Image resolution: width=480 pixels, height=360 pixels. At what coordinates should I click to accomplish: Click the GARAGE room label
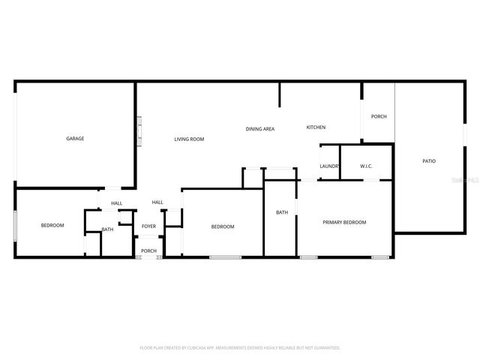pyautogui.click(x=75, y=139)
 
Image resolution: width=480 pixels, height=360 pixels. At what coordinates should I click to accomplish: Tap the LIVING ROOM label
pyautogui.click(x=189, y=139)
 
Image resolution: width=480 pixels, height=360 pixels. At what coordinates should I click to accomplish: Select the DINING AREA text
pyautogui.click(x=260, y=129)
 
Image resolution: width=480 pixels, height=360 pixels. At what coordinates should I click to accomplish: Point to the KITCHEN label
pyautogui.click(x=316, y=127)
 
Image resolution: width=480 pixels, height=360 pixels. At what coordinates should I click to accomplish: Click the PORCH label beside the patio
pyautogui.click(x=379, y=116)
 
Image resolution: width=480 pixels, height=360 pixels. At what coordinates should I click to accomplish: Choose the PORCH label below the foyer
pyautogui.click(x=149, y=250)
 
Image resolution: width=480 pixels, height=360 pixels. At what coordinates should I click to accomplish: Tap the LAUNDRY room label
pyautogui.click(x=330, y=166)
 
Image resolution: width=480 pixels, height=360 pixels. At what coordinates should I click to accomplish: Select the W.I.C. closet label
pyautogui.click(x=366, y=166)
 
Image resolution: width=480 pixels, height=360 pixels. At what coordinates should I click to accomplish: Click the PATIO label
pyautogui.click(x=429, y=161)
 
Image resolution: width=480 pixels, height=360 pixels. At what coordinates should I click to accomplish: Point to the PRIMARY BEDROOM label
pyautogui.click(x=344, y=222)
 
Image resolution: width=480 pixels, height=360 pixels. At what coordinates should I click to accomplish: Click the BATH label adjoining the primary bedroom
pyautogui.click(x=282, y=212)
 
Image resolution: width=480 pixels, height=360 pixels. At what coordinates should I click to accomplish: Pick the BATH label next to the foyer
pyautogui.click(x=108, y=229)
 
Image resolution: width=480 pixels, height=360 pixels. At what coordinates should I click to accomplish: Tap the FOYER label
pyautogui.click(x=149, y=226)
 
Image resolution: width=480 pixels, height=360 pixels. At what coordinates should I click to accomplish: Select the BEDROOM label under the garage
pyautogui.click(x=52, y=225)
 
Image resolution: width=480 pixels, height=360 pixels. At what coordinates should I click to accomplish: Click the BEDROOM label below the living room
pyautogui.click(x=223, y=226)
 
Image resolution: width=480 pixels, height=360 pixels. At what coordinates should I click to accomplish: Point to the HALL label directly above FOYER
pyautogui.click(x=157, y=202)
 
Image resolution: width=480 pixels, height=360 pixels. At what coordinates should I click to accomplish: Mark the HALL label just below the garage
pyautogui.click(x=117, y=203)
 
